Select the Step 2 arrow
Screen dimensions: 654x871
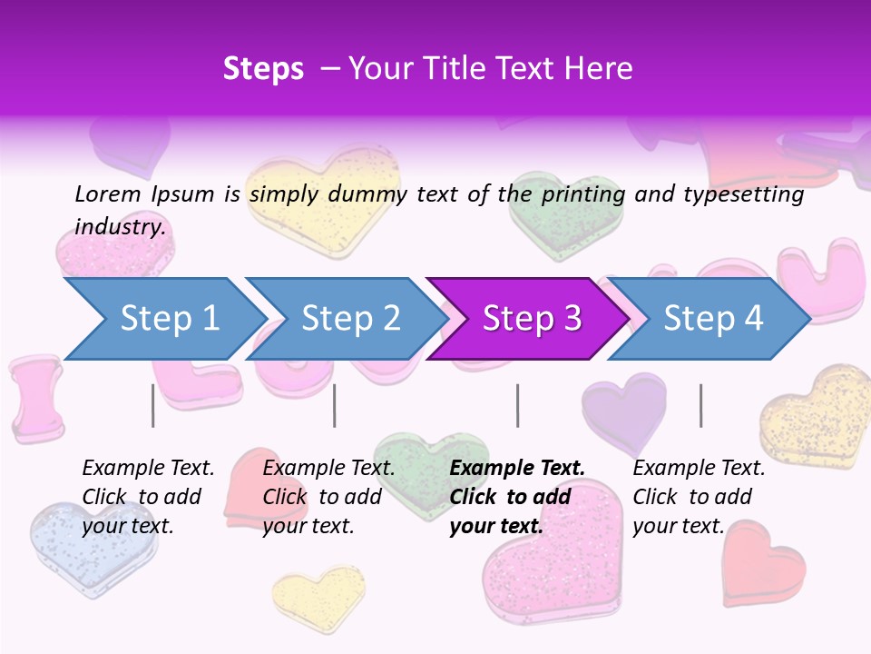click(x=349, y=319)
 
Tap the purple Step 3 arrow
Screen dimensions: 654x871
click(x=531, y=319)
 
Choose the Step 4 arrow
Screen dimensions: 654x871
click(x=712, y=319)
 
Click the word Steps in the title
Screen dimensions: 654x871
click(x=263, y=68)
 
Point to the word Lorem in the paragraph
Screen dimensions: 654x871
click(x=107, y=193)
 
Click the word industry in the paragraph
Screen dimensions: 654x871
click(x=120, y=226)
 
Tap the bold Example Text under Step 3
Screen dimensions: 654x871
click(x=517, y=468)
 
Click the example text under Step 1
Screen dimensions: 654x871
click(x=148, y=497)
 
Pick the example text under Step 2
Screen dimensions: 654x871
click(x=328, y=497)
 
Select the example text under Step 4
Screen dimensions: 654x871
click(x=699, y=497)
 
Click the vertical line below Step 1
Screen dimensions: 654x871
click(x=152, y=405)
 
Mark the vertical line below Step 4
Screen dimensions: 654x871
click(x=700, y=405)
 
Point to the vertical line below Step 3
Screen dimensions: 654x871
click(x=517, y=405)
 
